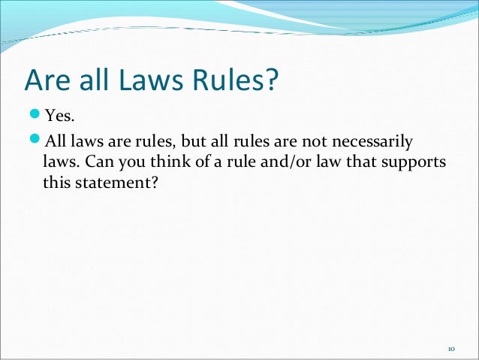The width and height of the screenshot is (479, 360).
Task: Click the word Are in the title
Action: pos(47,81)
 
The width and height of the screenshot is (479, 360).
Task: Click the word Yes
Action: pos(59,116)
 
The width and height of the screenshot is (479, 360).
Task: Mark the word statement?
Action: pos(117,182)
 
